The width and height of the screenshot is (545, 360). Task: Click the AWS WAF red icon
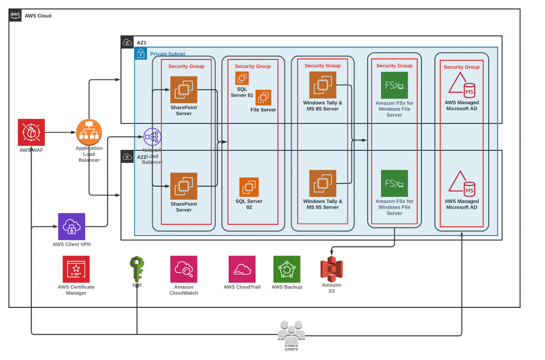(31, 132)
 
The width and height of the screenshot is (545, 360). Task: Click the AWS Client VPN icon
(71, 226)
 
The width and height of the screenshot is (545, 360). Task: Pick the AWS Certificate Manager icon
(76, 269)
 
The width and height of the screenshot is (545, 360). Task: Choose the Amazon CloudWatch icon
(184, 269)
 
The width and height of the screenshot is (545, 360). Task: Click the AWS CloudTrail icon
(242, 269)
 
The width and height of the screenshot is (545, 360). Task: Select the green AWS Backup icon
(287, 269)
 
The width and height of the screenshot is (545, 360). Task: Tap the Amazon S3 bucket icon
(332, 269)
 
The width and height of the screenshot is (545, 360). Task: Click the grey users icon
(291, 332)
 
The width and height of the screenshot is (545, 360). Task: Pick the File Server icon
(263, 97)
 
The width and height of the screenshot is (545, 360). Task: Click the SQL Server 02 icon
(249, 187)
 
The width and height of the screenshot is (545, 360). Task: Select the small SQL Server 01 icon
(242, 78)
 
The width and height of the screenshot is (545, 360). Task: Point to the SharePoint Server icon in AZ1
(184, 89)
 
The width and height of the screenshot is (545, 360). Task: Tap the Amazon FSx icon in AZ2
(394, 183)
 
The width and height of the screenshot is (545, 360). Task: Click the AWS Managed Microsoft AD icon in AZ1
(461, 85)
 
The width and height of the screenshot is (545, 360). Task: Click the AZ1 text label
(142, 42)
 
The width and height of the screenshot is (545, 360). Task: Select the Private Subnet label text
(168, 54)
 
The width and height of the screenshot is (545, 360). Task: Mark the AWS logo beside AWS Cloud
(15, 15)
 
